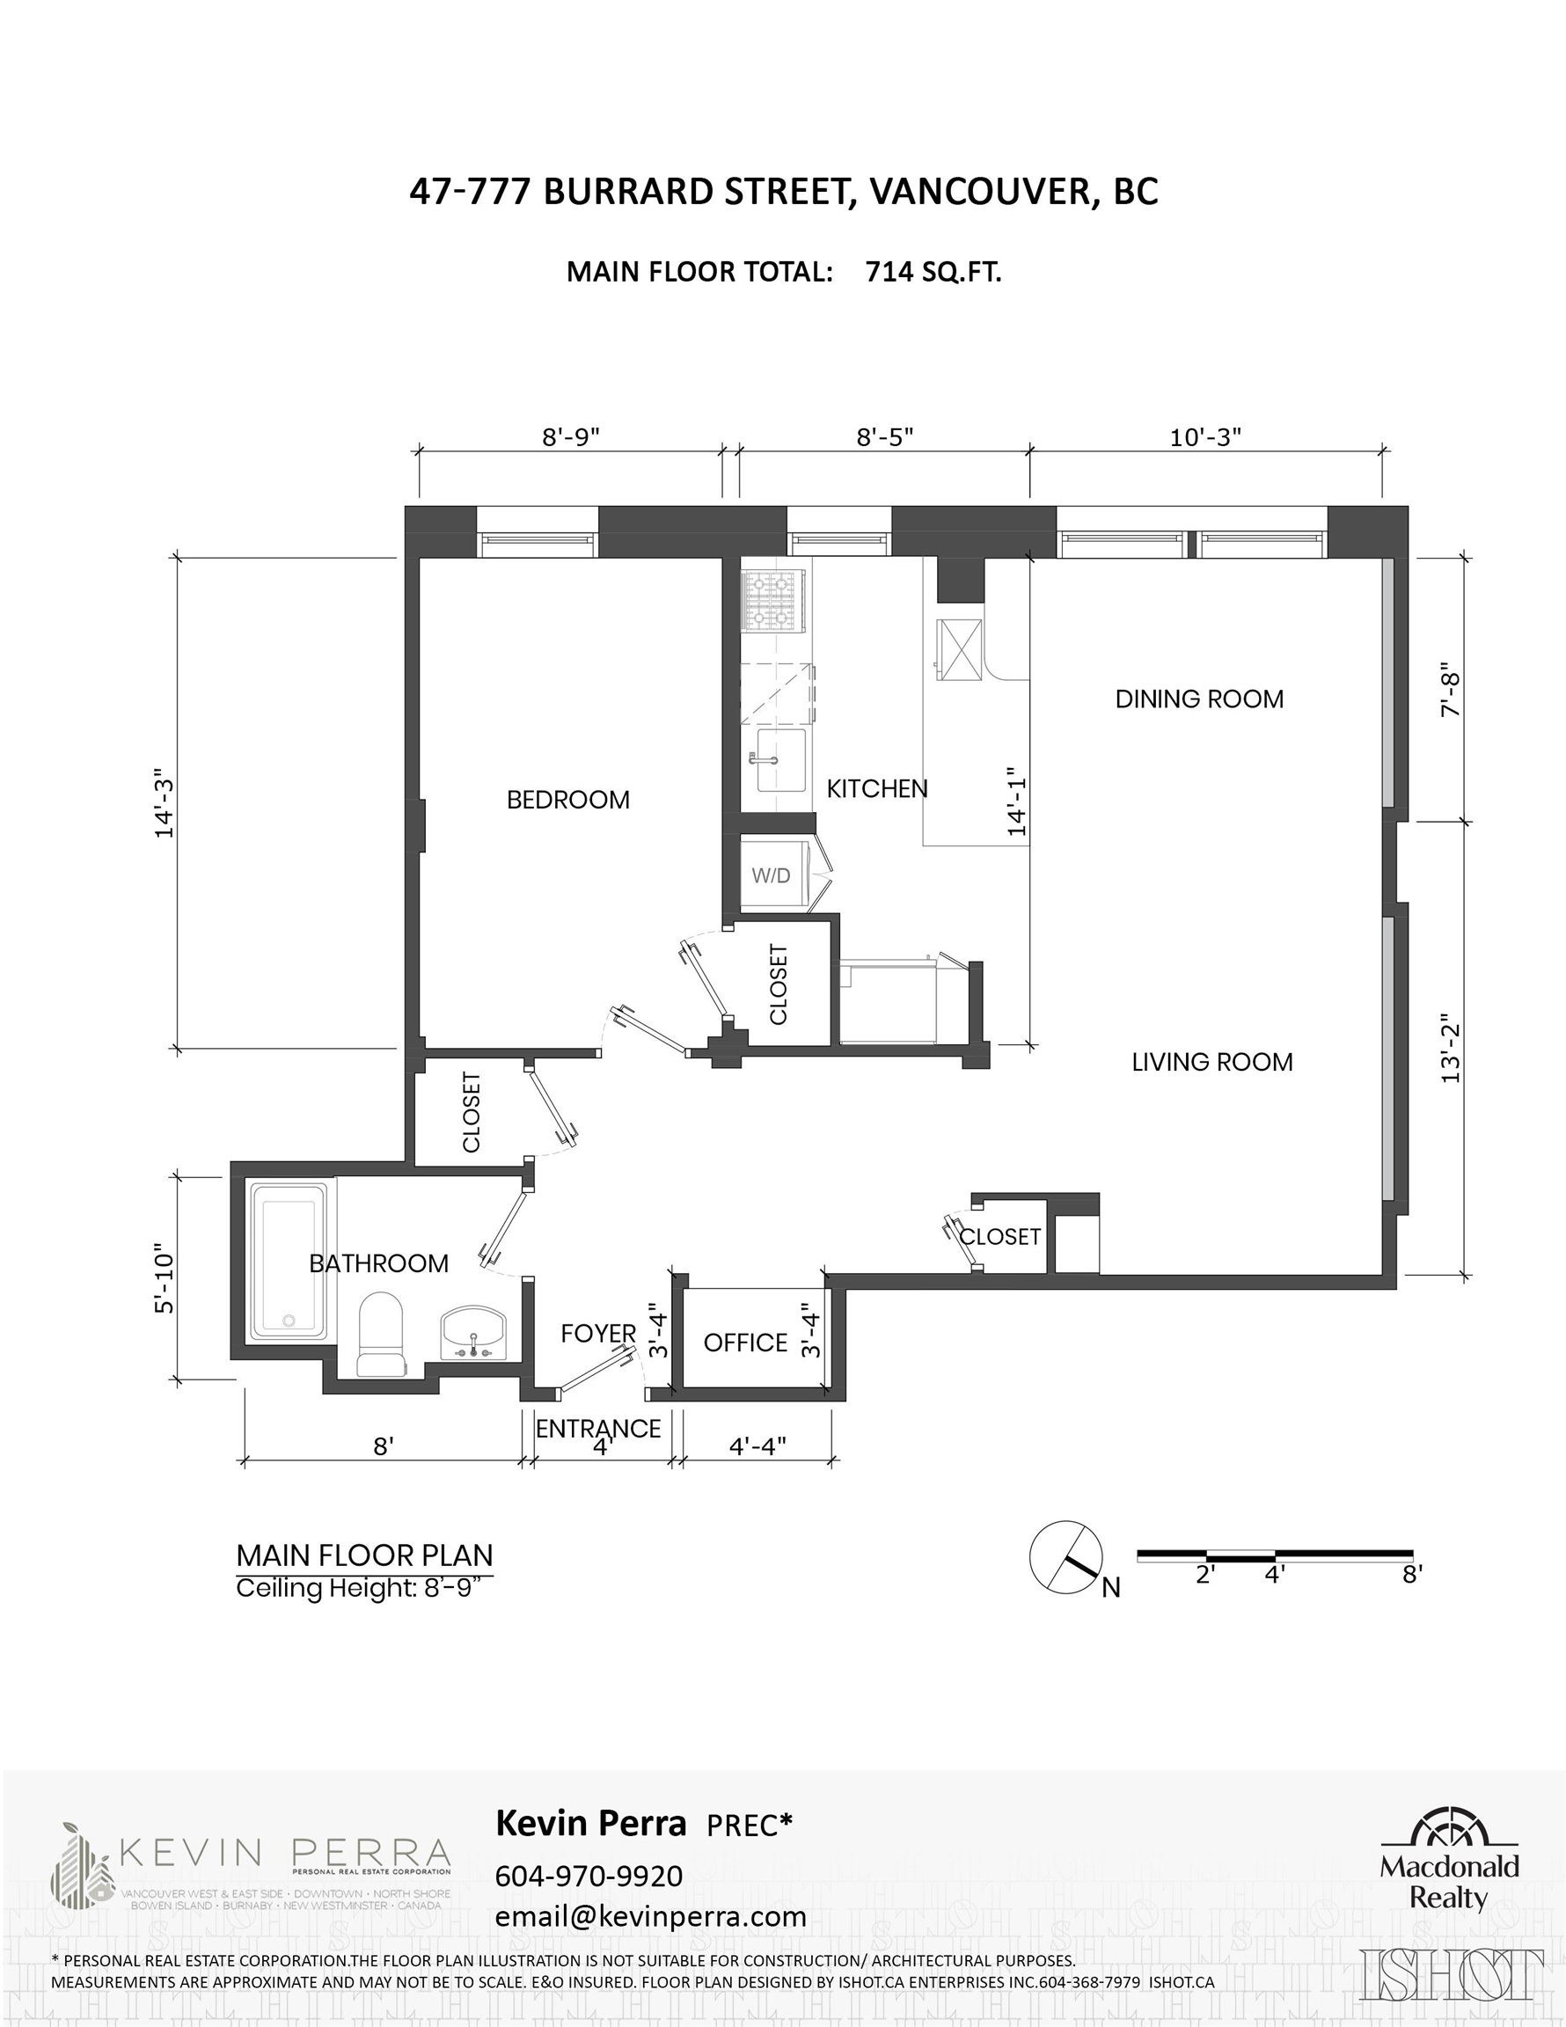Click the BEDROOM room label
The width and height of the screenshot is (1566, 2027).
tap(568, 799)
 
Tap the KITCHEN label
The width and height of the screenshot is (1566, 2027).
tap(877, 788)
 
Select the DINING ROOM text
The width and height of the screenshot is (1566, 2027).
tap(1199, 699)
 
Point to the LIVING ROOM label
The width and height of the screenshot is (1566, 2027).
tap(1212, 1062)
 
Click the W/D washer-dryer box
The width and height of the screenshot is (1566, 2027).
tap(772, 874)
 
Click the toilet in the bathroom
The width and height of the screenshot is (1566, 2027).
tap(382, 1334)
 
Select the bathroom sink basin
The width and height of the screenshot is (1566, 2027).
tap(474, 1334)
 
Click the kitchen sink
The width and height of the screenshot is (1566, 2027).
tap(779, 760)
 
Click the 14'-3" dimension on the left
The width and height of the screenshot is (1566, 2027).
tap(165, 803)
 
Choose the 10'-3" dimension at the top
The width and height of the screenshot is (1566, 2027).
tap(1205, 436)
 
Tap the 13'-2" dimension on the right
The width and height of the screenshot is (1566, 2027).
tap(1451, 1052)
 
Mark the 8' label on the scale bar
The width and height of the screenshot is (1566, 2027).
tap(1412, 1575)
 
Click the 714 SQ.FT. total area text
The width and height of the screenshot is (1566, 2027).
tap(933, 272)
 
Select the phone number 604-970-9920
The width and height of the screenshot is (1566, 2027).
tap(589, 1876)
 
